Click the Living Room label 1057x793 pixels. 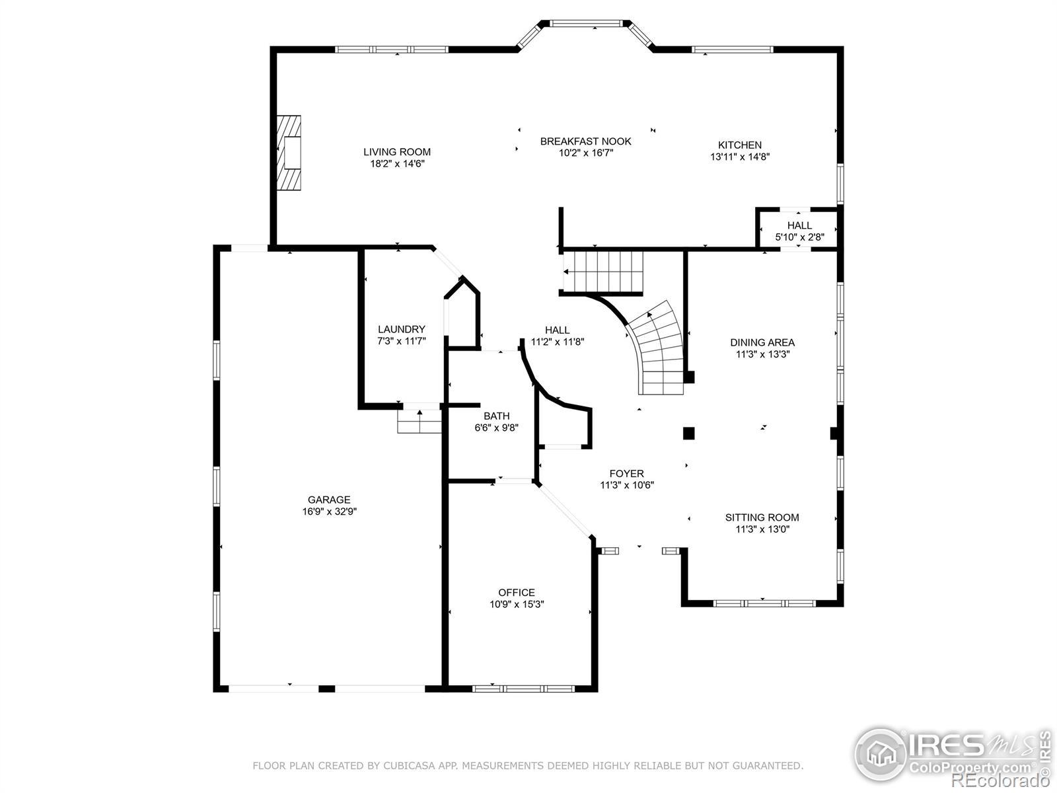click(397, 152)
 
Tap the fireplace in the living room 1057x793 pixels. click(289, 153)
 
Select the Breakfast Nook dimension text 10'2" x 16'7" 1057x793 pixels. click(585, 153)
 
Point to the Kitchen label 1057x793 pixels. click(740, 145)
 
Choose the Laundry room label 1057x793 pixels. click(401, 329)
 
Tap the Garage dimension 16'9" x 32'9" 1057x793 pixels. click(330, 511)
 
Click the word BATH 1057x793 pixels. click(497, 416)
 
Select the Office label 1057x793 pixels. click(516, 593)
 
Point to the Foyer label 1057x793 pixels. click(626, 474)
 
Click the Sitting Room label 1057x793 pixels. click(762, 517)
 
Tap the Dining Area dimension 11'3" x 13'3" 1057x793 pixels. click(762, 354)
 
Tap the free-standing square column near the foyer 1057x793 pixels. click(688, 434)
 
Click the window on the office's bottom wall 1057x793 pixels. click(523, 689)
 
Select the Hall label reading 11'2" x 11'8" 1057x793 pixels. click(557, 336)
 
